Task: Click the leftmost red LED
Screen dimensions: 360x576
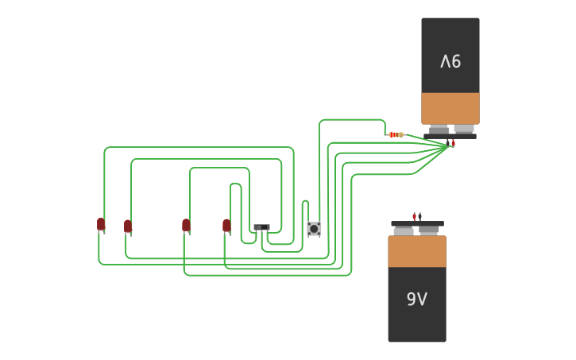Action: click(101, 224)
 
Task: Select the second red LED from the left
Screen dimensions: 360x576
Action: click(128, 226)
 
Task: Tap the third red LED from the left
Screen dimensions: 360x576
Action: click(186, 225)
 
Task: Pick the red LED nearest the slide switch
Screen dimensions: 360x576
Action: click(226, 226)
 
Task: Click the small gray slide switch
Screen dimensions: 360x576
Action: click(261, 227)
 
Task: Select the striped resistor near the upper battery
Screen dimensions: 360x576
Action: click(395, 135)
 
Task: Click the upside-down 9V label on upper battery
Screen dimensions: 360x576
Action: click(450, 61)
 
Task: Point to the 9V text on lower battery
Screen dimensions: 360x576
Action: click(417, 299)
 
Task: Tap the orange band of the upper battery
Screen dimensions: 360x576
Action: click(450, 107)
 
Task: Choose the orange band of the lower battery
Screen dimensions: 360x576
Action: click(417, 251)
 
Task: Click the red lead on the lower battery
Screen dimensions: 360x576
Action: click(414, 216)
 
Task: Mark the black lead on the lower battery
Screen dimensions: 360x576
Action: click(419, 216)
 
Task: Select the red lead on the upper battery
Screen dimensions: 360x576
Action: click(454, 144)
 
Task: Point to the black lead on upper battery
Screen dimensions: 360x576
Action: click(448, 143)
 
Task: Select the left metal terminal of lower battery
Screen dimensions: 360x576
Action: click(404, 230)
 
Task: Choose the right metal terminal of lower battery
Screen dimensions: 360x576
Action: click(429, 230)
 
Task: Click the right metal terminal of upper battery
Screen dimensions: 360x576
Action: click(464, 128)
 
